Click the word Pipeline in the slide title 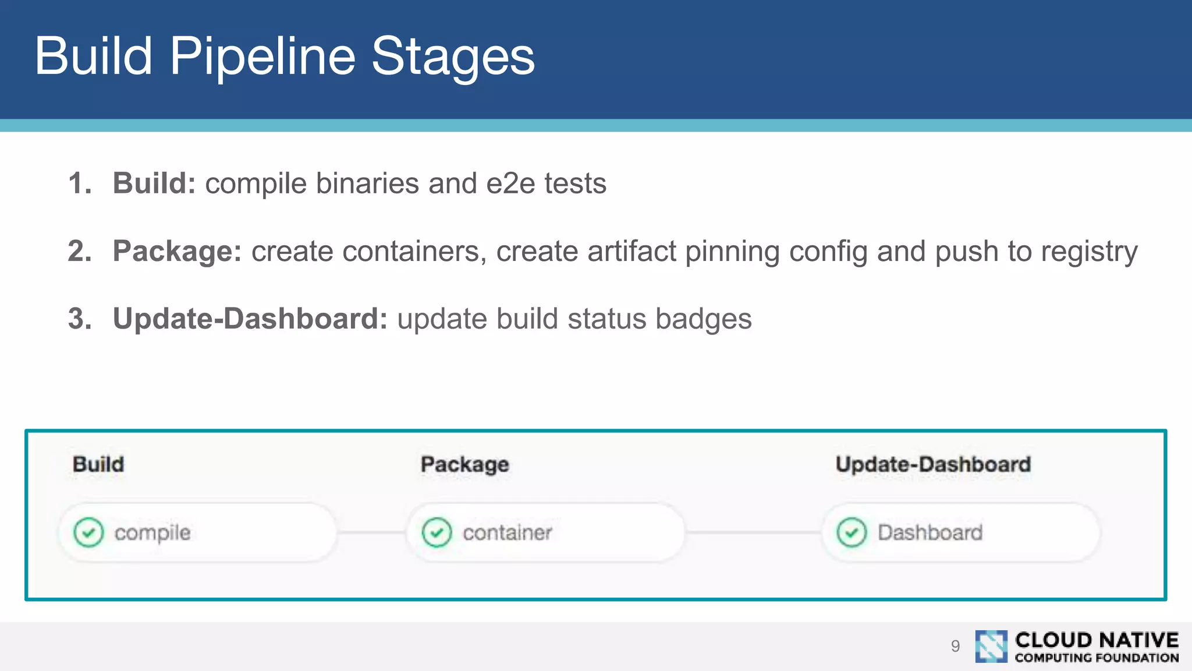pos(262,56)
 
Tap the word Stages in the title pos(453,56)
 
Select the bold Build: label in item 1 pos(154,183)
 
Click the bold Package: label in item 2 pos(177,251)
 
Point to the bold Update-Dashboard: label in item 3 pos(250,319)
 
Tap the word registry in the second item pos(1089,252)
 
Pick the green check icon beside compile pos(88,532)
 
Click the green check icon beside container pos(437,532)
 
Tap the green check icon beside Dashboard pos(852,532)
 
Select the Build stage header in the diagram pos(98,464)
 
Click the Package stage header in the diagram pos(464,464)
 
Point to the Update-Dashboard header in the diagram pos(933,464)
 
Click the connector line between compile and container pos(371,532)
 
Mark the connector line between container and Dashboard pos(753,532)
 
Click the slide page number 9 pos(955,646)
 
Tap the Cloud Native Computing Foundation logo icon pos(991,646)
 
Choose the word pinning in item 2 pos(732,252)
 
